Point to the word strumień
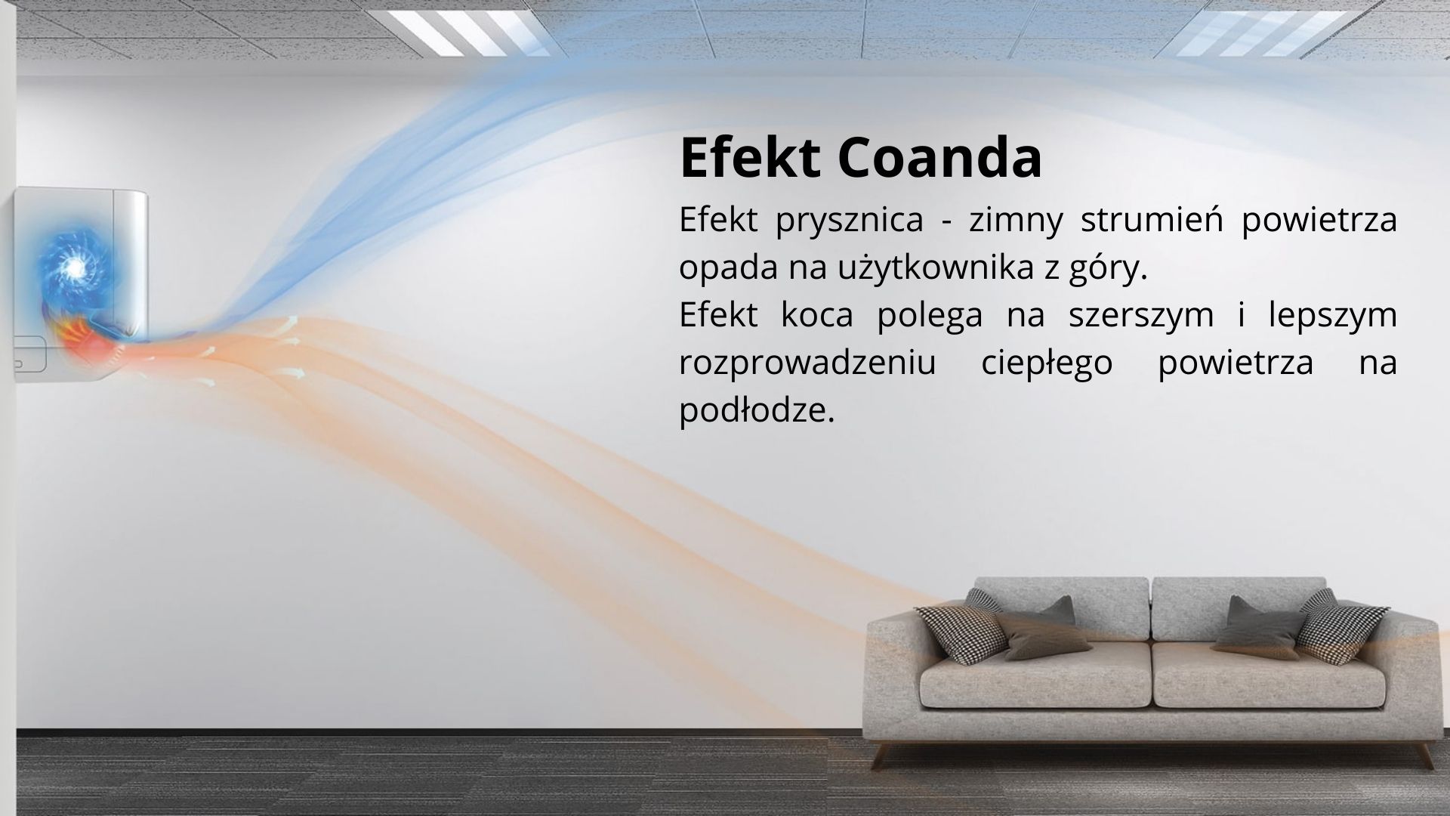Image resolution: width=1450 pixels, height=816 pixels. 1152,219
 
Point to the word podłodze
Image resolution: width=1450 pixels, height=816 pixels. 757,410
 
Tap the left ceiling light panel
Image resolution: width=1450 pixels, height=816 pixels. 468,32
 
